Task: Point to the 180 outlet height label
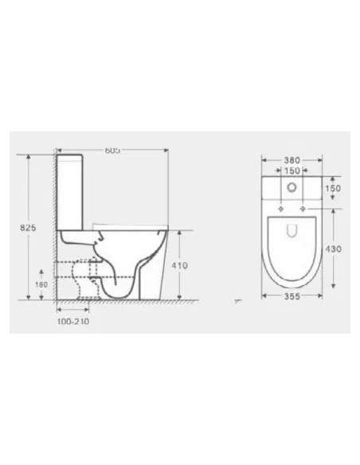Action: click(x=42, y=283)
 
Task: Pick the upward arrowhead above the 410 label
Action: click(x=180, y=232)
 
